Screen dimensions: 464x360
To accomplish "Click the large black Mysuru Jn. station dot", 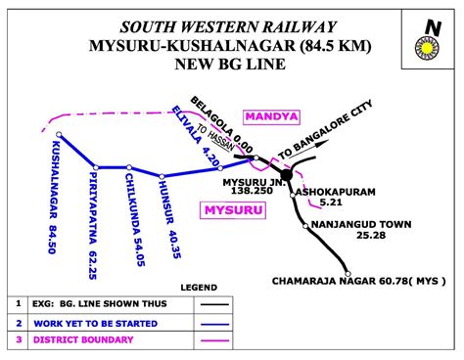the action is pyautogui.click(x=286, y=176).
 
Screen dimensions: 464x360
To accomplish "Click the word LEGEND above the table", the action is pyautogui.click(x=198, y=287).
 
